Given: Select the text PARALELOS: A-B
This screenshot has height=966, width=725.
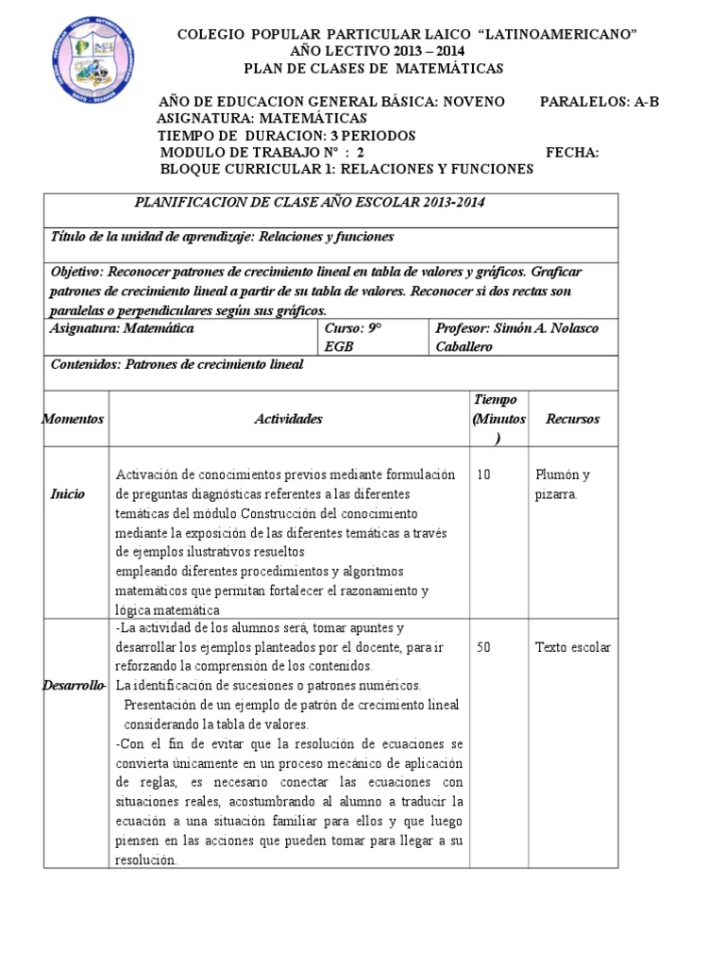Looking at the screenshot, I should (x=599, y=102).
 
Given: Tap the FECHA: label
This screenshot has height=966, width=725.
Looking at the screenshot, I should (x=572, y=153).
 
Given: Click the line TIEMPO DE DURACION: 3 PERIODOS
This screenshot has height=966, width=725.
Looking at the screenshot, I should (x=286, y=136).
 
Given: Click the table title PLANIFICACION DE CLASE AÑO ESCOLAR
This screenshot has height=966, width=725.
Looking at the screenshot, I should (x=312, y=203).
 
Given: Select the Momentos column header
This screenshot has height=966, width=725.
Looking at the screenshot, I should (x=74, y=419).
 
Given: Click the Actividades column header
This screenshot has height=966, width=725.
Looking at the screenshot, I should (x=288, y=419).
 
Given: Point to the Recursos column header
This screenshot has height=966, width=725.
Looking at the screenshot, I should (x=572, y=419).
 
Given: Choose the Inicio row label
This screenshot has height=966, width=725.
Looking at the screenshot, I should (x=68, y=494).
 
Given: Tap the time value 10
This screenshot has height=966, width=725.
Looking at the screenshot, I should (x=483, y=475).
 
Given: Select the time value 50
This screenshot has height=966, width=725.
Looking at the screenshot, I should (x=483, y=647).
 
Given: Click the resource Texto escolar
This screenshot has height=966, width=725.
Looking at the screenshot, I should (x=572, y=647).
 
